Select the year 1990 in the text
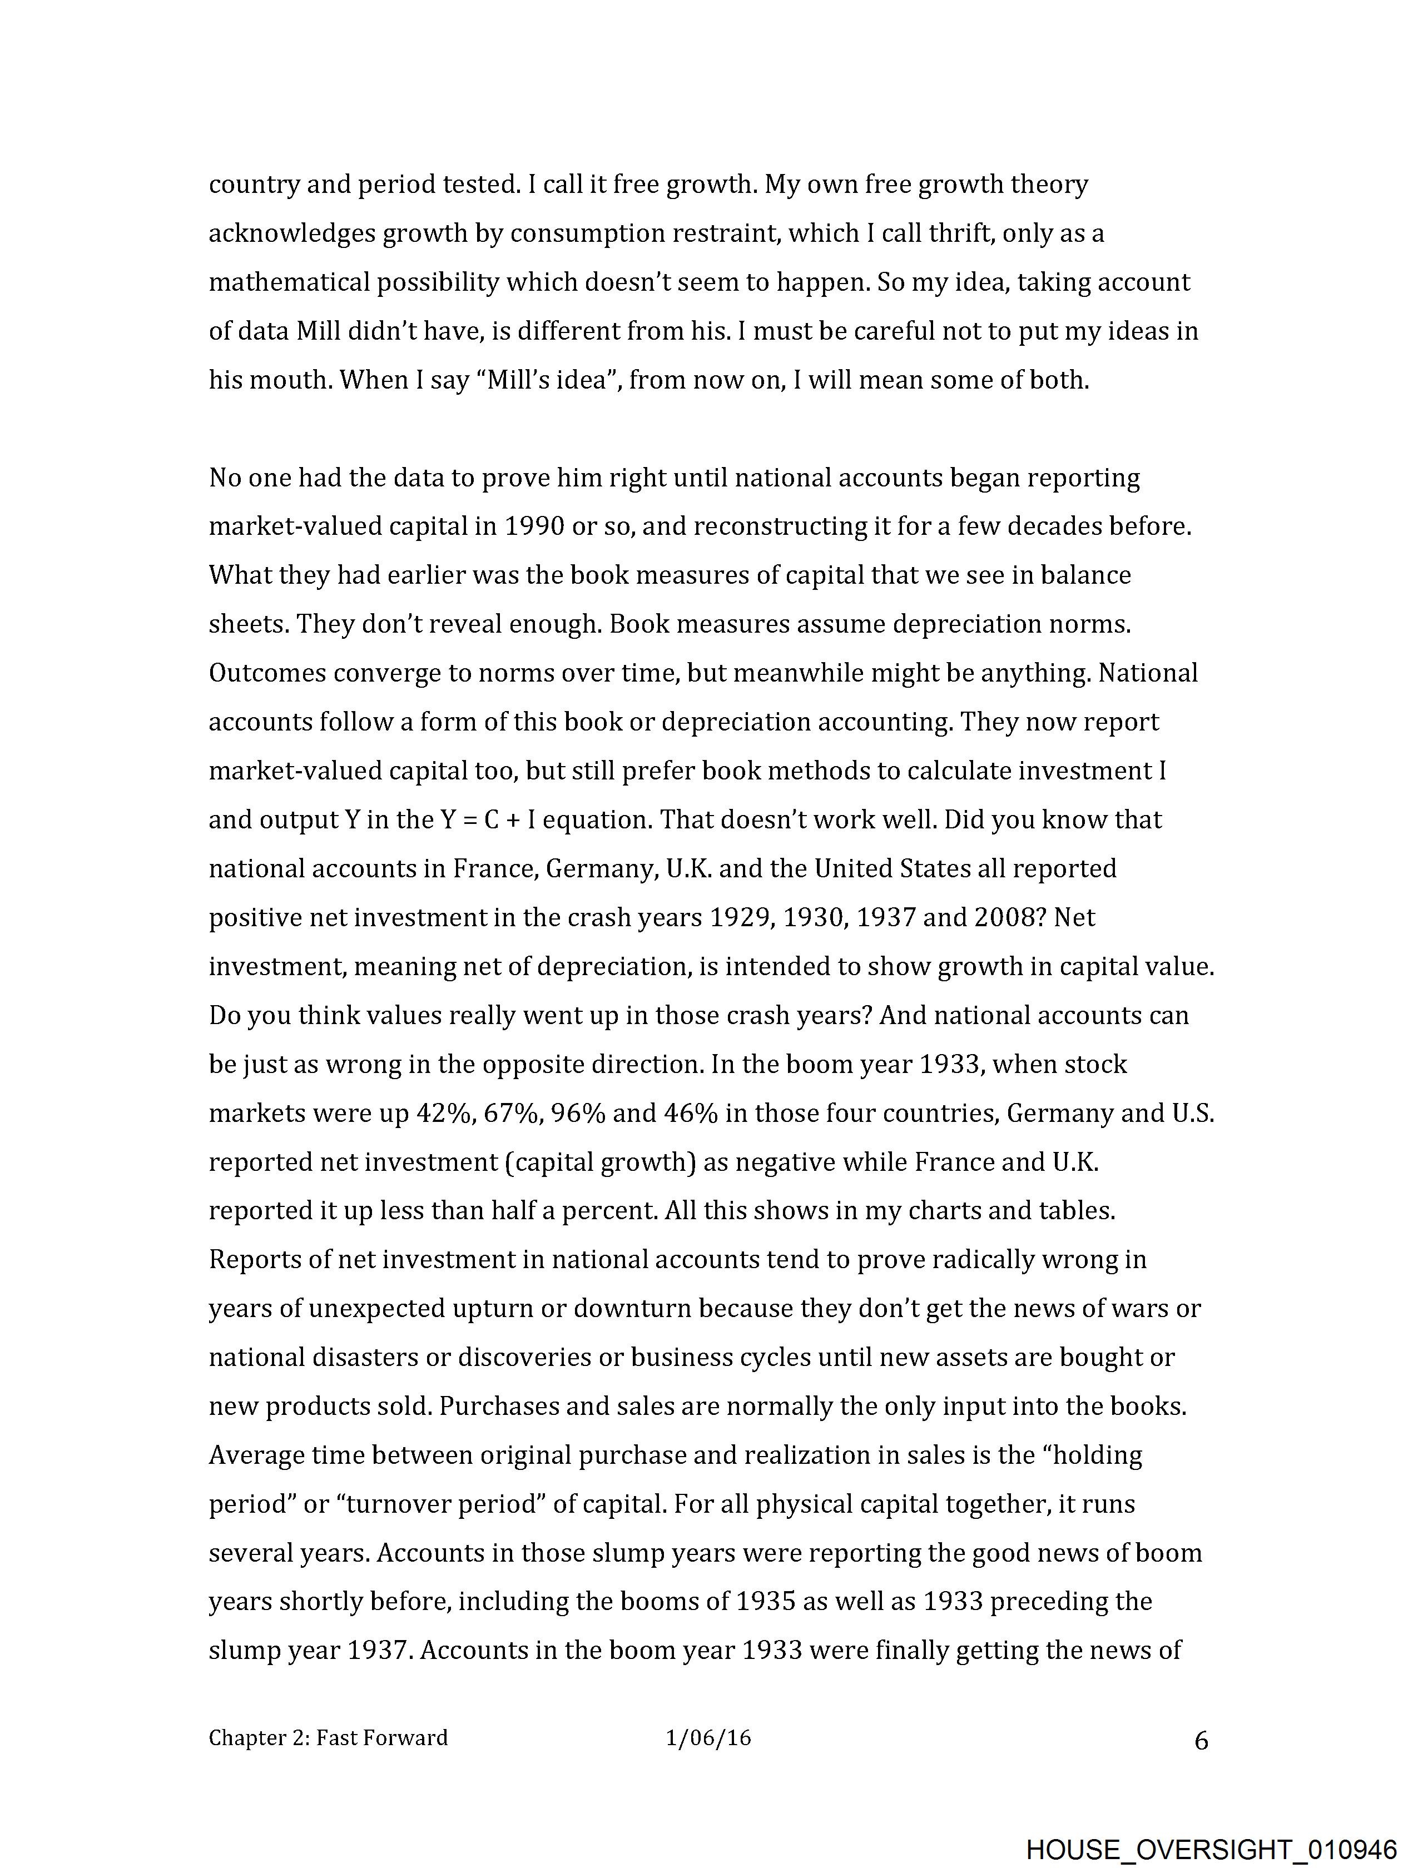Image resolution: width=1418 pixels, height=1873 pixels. [x=534, y=526]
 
